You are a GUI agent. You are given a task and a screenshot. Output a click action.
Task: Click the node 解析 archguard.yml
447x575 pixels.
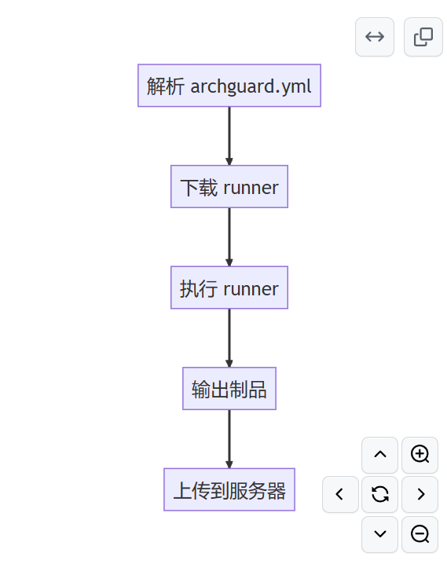[229, 86]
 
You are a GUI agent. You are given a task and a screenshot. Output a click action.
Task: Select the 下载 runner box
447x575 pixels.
[229, 187]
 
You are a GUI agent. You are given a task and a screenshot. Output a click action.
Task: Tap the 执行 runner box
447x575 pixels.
[229, 287]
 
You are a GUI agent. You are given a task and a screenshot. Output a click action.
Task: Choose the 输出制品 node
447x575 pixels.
[229, 389]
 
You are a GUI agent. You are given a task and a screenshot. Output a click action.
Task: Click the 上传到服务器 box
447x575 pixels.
[229, 490]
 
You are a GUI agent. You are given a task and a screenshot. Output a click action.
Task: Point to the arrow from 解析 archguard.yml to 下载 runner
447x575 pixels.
[229, 135]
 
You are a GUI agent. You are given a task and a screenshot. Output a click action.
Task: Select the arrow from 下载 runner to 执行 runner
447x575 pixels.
[229, 236]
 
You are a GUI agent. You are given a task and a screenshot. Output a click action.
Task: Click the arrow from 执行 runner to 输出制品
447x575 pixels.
[229, 338]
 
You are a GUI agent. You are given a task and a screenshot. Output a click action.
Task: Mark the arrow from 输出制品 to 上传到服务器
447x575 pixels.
[229, 438]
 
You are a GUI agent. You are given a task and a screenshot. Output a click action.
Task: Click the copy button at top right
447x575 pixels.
[423, 37]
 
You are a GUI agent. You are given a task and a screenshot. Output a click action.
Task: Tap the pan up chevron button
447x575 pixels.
[380, 454]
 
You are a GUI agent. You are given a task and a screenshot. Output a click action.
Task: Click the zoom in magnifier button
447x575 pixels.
[420, 454]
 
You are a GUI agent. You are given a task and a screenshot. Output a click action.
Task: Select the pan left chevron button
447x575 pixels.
[340, 494]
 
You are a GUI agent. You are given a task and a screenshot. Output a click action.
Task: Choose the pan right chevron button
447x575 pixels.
[420, 494]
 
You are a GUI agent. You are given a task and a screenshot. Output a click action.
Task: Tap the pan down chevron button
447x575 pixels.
[380, 534]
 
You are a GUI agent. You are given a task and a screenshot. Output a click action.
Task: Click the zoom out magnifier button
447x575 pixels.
[420, 534]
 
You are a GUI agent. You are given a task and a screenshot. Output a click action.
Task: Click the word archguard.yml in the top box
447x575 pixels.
[251, 86]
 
